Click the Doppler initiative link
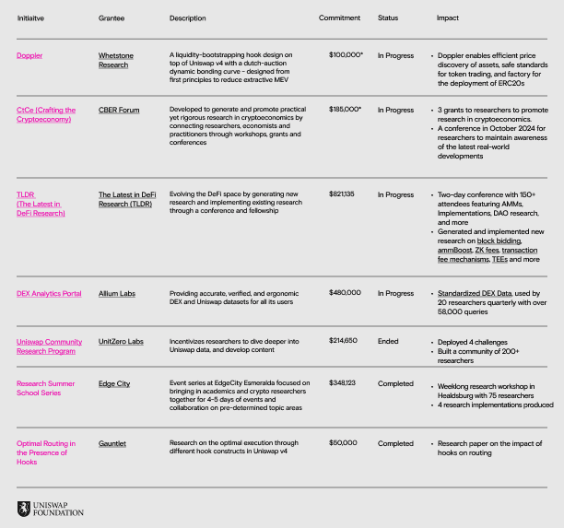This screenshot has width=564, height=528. point(29,55)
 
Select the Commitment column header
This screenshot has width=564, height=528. point(339,18)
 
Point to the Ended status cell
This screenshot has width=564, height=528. point(388,341)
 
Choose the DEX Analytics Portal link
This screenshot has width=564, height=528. point(49,293)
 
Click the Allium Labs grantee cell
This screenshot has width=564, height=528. point(117,293)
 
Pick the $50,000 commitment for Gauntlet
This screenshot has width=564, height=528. point(346,443)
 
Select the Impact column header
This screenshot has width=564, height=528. point(447,18)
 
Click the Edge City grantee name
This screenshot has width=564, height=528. point(114,382)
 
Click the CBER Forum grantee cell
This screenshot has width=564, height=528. point(119,110)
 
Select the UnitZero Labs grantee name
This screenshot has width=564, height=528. point(121,341)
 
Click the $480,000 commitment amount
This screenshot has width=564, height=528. point(346,293)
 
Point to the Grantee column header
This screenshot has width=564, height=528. point(112,18)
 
